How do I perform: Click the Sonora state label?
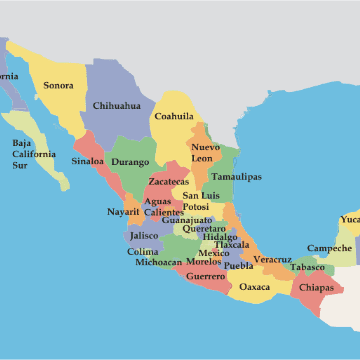pyautogui.click(x=58, y=85)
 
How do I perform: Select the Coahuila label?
pyautogui.click(x=173, y=116)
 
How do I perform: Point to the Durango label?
pyautogui.click(x=130, y=161)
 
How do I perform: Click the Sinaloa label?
pyautogui.click(x=88, y=160)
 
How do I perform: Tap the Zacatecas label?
pyautogui.click(x=169, y=182)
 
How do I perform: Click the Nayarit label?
pyautogui.click(x=124, y=212)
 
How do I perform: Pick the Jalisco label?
pyautogui.click(x=144, y=236)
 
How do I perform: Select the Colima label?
pyautogui.click(x=143, y=251)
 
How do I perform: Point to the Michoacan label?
pyautogui.click(x=159, y=263)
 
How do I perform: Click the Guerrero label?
pyautogui.click(x=205, y=276)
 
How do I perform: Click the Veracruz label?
pyautogui.click(x=272, y=260)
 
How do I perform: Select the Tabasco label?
pyautogui.click(x=309, y=267)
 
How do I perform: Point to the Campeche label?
pyautogui.click(x=329, y=248)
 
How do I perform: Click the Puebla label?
pyautogui.click(x=239, y=266)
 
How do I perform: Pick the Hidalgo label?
pyautogui.click(x=220, y=237)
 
